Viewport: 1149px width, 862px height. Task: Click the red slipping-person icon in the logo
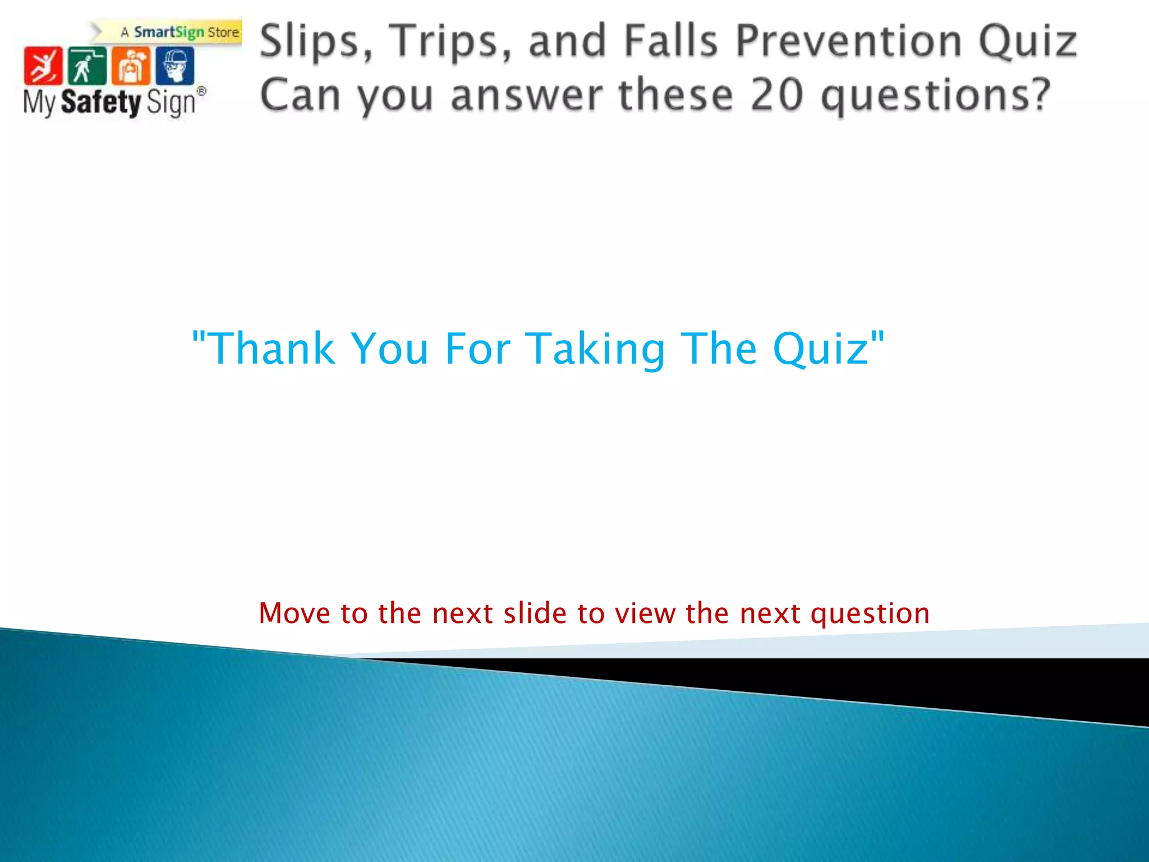pyautogui.click(x=43, y=66)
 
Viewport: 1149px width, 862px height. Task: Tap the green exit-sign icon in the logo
pyautogui.click(x=86, y=66)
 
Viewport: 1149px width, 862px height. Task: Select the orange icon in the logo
pyautogui.click(x=131, y=66)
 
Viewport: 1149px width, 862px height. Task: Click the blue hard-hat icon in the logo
pyautogui.click(x=175, y=66)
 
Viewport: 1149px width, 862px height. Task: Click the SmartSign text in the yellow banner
pyautogui.click(x=168, y=33)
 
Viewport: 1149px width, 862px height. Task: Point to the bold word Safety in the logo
pyautogui.click(x=100, y=103)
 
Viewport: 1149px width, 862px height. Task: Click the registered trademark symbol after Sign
pyautogui.click(x=201, y=91)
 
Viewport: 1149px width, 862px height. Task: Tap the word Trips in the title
pyautogui.click(x=449, y=42)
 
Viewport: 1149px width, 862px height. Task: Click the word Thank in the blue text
pyautogui.click(x=273, y=349)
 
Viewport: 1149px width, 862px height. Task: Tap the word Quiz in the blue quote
pyautogui.click(x=821, y=350)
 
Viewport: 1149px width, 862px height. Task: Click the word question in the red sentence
pyautogui.click(x=870, y=614)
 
